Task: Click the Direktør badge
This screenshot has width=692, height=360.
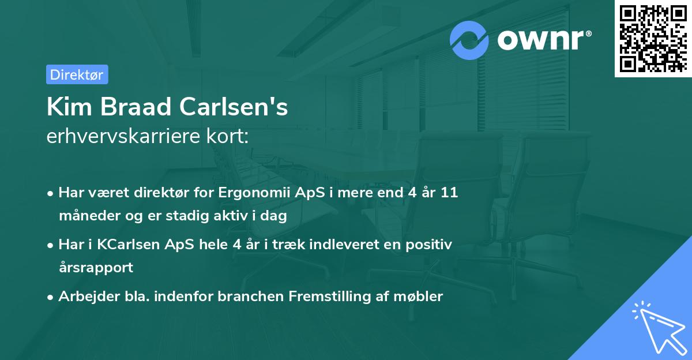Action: point(77,74)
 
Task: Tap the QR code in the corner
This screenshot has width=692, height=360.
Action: point(653,39)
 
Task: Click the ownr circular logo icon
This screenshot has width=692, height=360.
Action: point(469,40)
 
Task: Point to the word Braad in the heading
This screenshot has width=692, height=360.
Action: point(134,107)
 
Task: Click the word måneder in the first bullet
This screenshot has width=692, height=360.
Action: point(85,216)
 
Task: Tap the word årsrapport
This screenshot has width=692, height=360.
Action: point(96,268)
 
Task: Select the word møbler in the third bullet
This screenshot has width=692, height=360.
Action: point(419,297)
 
